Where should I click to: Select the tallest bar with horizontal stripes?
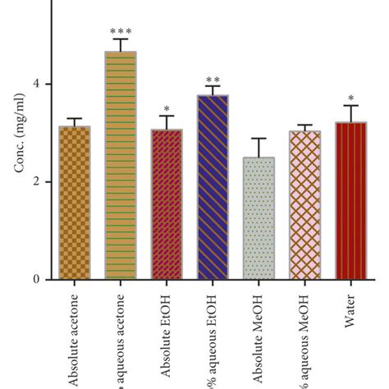(121, 165)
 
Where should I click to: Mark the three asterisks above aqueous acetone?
(121, 31)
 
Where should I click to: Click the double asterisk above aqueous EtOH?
(213, 79)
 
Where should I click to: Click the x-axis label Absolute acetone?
(75, 336)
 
